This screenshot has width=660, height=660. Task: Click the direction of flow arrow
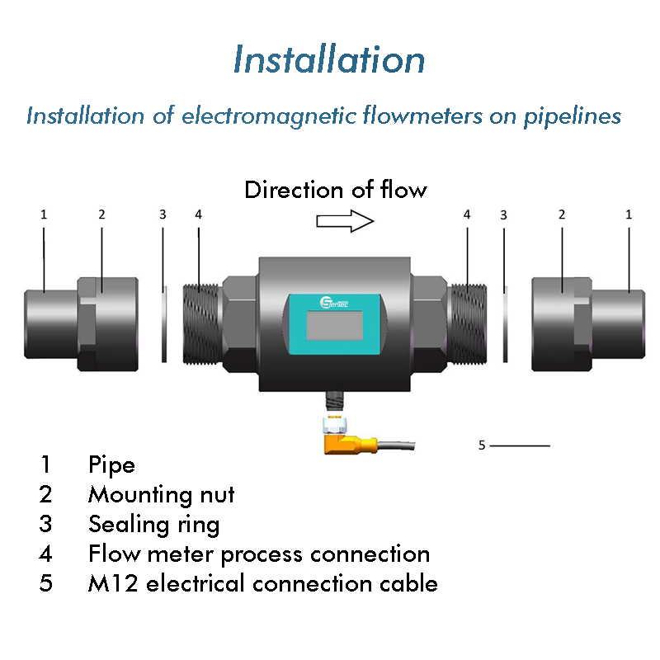(x=345, y=221)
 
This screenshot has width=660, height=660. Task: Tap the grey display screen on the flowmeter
(x=335, y=325)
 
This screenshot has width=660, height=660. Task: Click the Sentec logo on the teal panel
(x=334, y=302)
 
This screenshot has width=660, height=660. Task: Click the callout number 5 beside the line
(x=482, y=445)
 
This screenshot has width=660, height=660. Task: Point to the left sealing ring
(x=164, y=324)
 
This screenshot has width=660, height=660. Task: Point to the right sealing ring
(x=505, y=324)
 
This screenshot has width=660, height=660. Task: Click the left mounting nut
(x=108, y=324)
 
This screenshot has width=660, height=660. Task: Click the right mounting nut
(x=562, y=324)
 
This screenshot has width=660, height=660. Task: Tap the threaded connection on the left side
(x=202, y=324)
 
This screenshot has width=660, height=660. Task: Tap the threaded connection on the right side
(x=467, y=324)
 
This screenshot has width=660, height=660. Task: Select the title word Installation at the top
(x=329, y=59)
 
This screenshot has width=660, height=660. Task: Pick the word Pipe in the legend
(x=111, y=465)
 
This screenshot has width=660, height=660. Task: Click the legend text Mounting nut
(x=161, y=494)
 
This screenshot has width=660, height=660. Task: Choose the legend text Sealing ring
(x=154, y=525)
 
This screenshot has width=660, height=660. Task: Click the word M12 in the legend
(x=113, y=583)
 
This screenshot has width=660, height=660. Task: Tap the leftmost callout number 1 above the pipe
(x=44, y=214)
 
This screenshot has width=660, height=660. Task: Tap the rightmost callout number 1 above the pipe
(x=629, y=214)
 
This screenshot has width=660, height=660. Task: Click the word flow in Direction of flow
(x=403, y=190)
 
